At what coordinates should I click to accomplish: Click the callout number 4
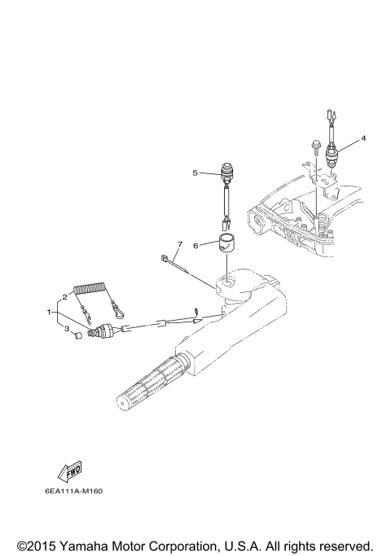click(x=363, y=138)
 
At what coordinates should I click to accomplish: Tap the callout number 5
click(x=195, y=173)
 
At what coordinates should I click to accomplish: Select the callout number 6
click(x=195, y=244)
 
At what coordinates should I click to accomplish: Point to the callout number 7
click(x=180, y=244)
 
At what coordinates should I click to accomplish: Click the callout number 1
click(x=50, y=311)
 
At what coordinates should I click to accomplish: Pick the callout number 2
click(x=65, y=296)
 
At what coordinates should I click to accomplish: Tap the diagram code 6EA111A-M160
click(x=74, y=491)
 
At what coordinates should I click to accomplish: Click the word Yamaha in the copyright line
click(x=94, y=545)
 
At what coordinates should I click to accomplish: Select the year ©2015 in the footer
click(x=38, y=545)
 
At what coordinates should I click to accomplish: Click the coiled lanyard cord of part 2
click(x=93, y=289)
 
